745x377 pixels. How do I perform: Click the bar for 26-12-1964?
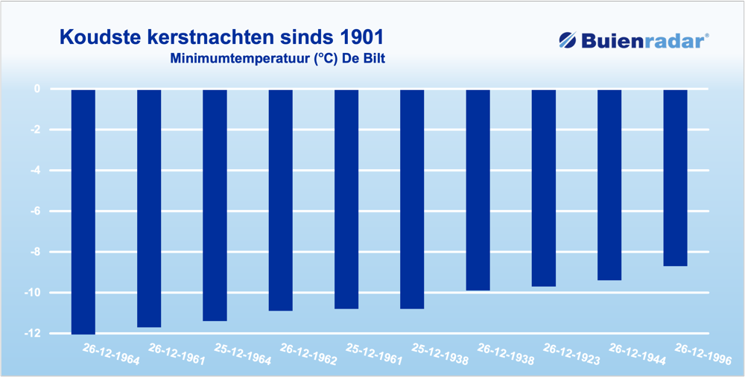point(83,212)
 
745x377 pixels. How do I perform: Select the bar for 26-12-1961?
point(149,208)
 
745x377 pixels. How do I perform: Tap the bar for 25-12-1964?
point(215,205)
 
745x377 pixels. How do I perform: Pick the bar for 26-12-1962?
point(280,200)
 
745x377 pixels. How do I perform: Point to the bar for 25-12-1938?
point(412,198)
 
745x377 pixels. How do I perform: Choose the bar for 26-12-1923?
point(544,188)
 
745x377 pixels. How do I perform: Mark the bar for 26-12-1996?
point(675,177)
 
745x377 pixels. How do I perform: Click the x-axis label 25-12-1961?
point(374,354)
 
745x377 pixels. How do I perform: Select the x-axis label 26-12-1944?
point(637,354)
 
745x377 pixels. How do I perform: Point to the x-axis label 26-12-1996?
point(703,354)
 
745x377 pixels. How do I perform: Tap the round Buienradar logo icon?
point(567,40)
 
